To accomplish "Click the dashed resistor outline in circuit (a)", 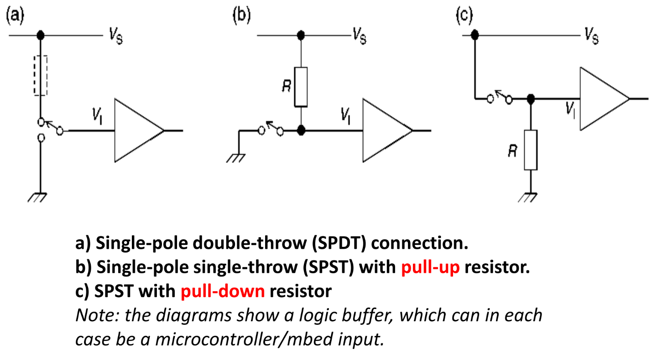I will pos(41,75).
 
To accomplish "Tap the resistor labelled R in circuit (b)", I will pos(301,87).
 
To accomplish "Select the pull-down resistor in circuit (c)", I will pos(531,150).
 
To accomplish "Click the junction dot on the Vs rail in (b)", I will pos(301,35).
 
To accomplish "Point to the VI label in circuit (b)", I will pos(346,117).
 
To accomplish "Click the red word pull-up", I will pos(430,267).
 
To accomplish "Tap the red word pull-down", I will pos(223,291).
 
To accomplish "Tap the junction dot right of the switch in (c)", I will pos(530,99).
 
